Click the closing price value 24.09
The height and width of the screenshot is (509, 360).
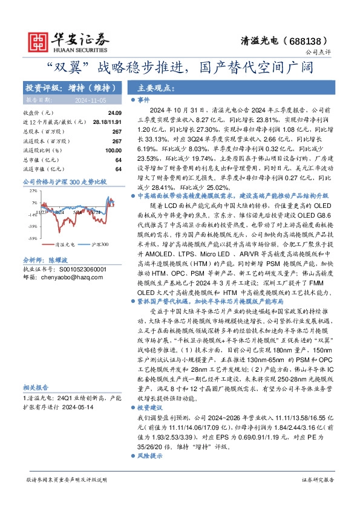(x=115, y=113)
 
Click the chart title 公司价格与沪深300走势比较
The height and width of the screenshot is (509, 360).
(x=64, y=181)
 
